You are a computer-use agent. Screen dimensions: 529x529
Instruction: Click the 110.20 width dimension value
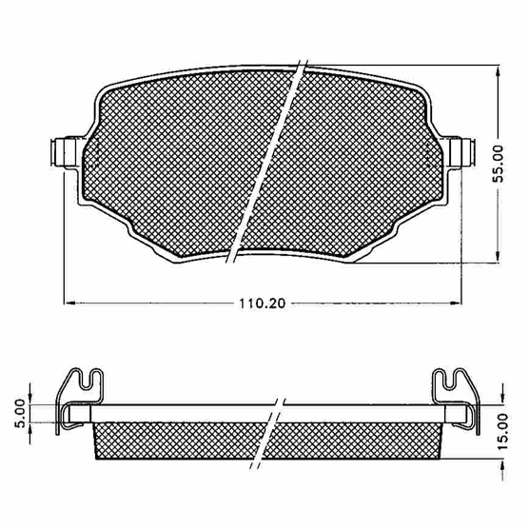click(263, 304)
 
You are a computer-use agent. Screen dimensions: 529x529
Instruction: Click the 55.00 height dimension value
click(498, 164)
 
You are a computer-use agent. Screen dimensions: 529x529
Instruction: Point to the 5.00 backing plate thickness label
click(20, 413)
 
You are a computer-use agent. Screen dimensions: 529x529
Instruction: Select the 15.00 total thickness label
click(502, 431)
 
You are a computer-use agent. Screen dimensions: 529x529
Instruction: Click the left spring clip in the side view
click(79, 400)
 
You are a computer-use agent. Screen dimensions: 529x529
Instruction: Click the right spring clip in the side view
click(456, 400)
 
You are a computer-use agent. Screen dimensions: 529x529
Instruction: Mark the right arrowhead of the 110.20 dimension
click(456, 304)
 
